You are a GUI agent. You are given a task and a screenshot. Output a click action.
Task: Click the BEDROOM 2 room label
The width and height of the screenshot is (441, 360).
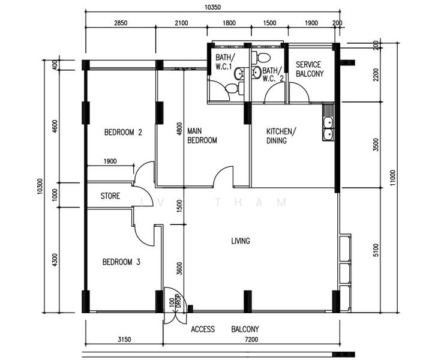(123, 132)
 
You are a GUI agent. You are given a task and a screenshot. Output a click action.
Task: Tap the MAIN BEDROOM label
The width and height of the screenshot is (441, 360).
(202, 136)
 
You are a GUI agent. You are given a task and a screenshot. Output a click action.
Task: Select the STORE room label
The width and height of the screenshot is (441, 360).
(110, 196)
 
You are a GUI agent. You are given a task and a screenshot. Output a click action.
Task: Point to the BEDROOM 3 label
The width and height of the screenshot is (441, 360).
(121, 262)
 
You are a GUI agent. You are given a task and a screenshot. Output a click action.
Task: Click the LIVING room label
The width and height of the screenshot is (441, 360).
(241, 241)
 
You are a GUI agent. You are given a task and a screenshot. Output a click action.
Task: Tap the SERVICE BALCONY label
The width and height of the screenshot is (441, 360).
(310, 69)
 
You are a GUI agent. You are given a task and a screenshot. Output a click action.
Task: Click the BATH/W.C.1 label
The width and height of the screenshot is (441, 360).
(225, 62)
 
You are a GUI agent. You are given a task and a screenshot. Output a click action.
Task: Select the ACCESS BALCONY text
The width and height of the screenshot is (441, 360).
(225, 329)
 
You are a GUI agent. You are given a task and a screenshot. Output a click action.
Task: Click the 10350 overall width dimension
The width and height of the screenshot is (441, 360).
(212, 7)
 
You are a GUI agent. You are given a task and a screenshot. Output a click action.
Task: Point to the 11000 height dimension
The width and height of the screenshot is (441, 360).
(392, 178)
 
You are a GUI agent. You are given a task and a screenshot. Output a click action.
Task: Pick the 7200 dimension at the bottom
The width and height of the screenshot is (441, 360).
(251, 340)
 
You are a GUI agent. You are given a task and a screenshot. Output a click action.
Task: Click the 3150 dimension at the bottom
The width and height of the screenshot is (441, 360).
(124, 340)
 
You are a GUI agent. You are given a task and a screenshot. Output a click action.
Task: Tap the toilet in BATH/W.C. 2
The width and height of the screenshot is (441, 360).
(262, 58)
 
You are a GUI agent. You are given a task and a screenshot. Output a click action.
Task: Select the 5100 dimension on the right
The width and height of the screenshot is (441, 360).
(376, 250)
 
